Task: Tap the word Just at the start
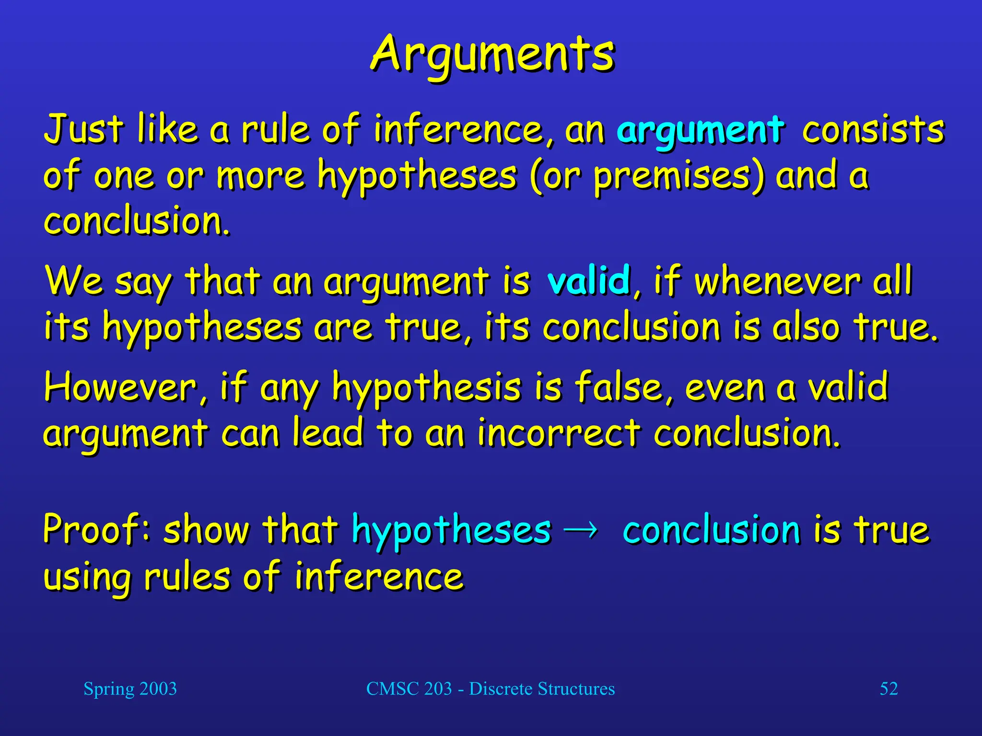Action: click(83, 129)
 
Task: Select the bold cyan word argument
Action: click(701, 130)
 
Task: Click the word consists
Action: click(873, 129)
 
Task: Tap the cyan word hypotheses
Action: click(451, 530)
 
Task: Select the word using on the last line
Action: click(87, 577)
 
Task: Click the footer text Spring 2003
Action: click(130, 689)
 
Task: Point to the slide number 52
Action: click(888, 689)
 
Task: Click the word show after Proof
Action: click(206, 529)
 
